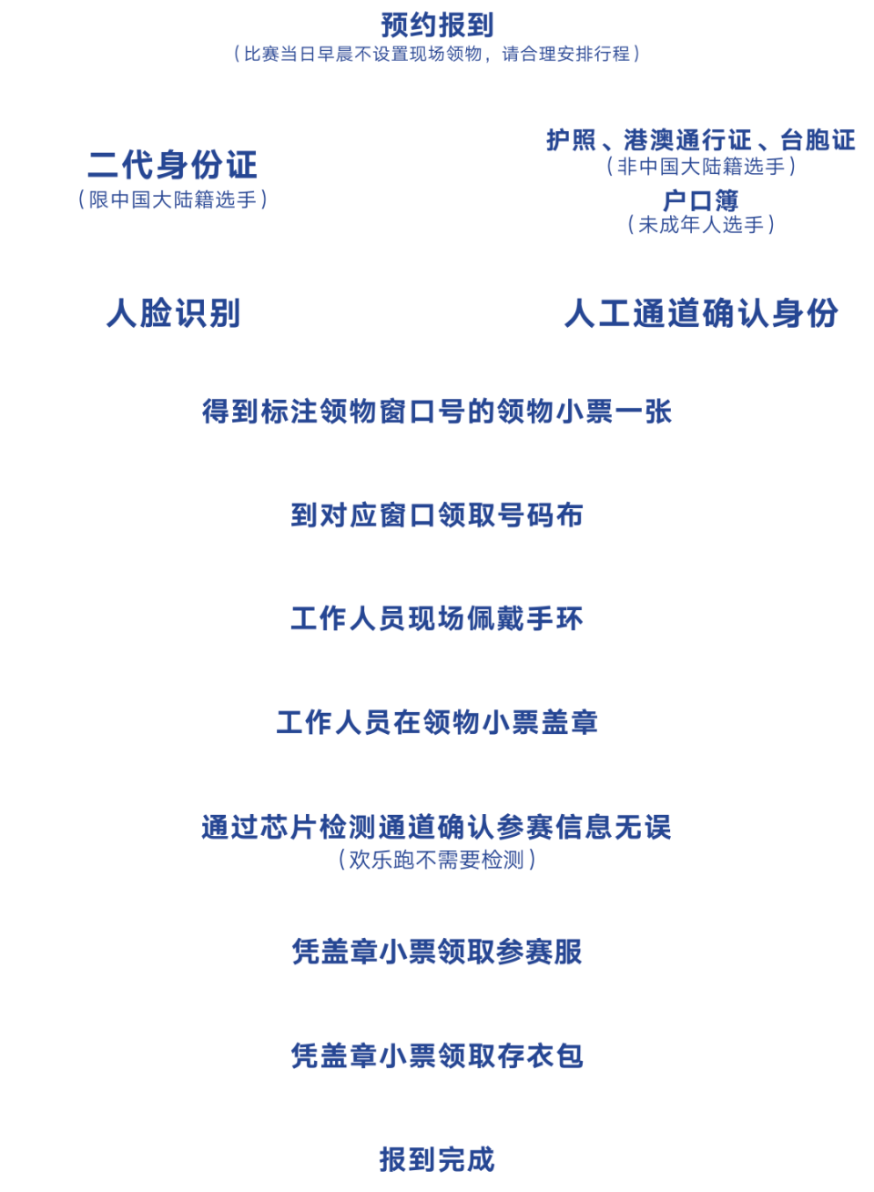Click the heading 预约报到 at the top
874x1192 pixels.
coord(437,24)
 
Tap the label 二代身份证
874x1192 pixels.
coord(173,165)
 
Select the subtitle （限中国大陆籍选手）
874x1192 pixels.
coord(173,199)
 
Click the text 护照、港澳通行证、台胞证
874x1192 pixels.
coord(700,140)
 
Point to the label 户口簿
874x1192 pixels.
coord(700,200)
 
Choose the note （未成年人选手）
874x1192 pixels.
coord(700,224)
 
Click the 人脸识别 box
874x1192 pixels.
coord(173,312)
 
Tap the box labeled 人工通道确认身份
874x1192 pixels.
coord(700,312)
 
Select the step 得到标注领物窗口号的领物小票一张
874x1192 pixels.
coord(437,411)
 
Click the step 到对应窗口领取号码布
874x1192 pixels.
coord(437,514)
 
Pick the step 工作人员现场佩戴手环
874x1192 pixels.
coord(437,618)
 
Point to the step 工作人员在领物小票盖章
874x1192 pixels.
coord(437,722)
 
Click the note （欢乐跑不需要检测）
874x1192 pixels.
coord(437,859)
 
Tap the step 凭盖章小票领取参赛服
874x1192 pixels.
coord(437,952)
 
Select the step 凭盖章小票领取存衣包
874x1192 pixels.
coord(437,1055)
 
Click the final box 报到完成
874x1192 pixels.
coord(437,1158)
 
